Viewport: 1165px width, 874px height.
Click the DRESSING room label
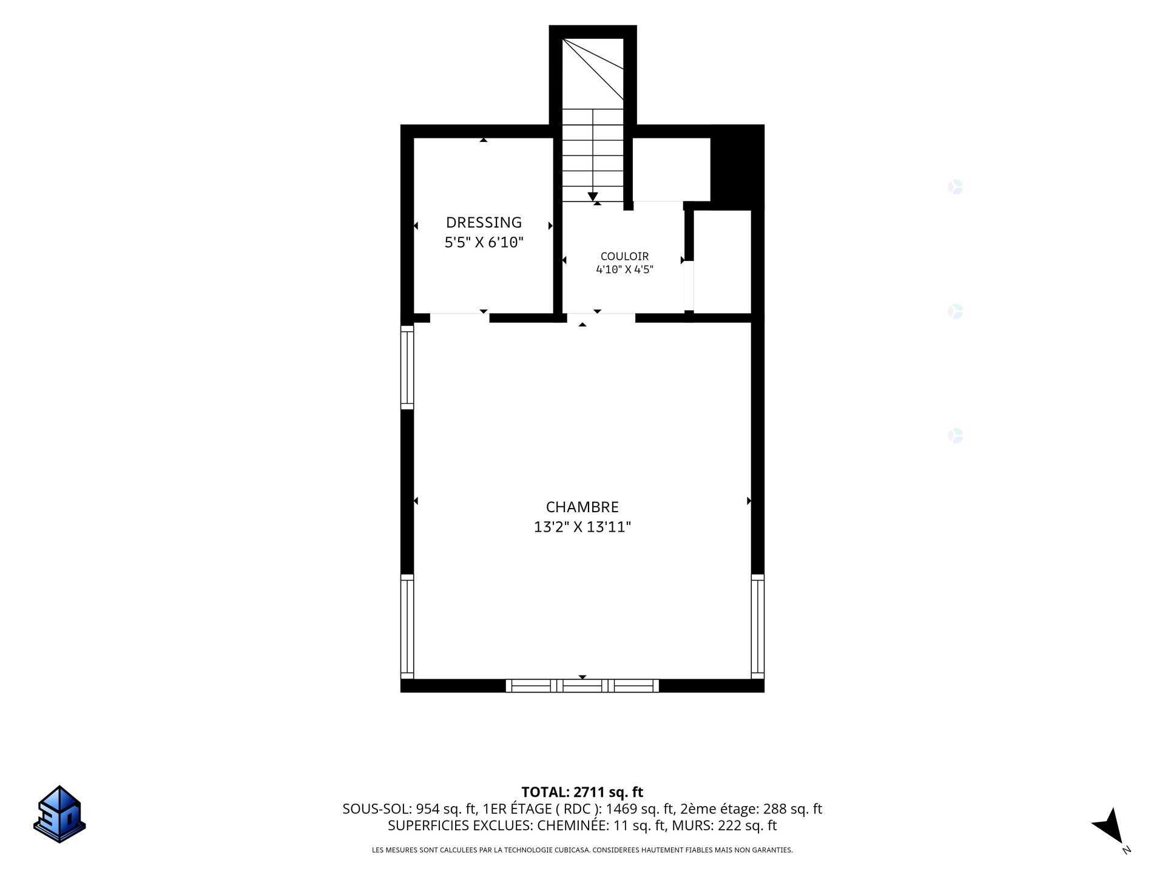484,222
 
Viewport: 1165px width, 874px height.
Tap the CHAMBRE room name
582,507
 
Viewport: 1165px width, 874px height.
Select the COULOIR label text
624,256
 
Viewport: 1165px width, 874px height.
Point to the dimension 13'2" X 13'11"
582,527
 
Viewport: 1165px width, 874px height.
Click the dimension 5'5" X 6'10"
484,243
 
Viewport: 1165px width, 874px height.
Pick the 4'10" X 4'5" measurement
624,269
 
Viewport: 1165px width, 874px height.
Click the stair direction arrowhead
593,197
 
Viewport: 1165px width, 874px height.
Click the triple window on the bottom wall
582,686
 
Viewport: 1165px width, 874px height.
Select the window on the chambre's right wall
758,626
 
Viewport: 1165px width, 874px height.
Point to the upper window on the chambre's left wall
407,367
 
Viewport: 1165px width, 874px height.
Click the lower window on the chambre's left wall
407,626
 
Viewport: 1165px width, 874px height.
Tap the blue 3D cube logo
59,814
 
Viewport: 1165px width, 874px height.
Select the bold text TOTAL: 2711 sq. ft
582,792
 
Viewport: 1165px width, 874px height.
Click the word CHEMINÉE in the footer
572,825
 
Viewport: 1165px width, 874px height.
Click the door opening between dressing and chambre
459,318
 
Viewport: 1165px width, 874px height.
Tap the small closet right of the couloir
722,262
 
